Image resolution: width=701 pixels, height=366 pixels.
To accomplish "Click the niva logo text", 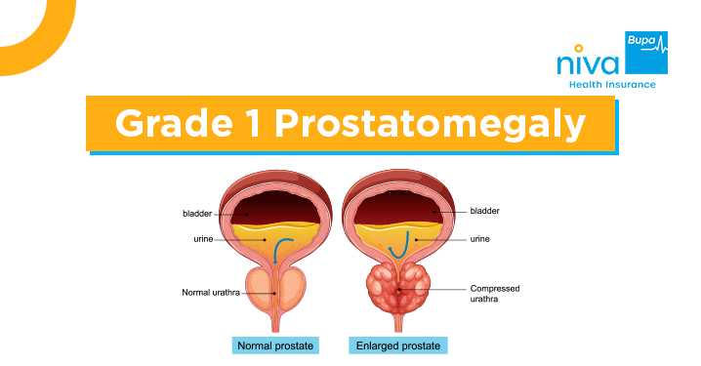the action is pyautogui.click(x=586, y=63).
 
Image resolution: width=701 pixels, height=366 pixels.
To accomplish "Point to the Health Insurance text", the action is pyautogui.click(x=613, y=85).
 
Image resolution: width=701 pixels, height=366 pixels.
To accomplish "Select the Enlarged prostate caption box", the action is pyautogui.click(x=396, y=346).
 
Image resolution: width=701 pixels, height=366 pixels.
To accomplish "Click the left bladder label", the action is pyautogui.click(x=197, y=213).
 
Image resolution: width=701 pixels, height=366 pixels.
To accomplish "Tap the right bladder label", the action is pyautogui.click(x=485, y=210).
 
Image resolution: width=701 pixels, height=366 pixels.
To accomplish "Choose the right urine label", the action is pyautogui.click(x=481, y=237).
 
